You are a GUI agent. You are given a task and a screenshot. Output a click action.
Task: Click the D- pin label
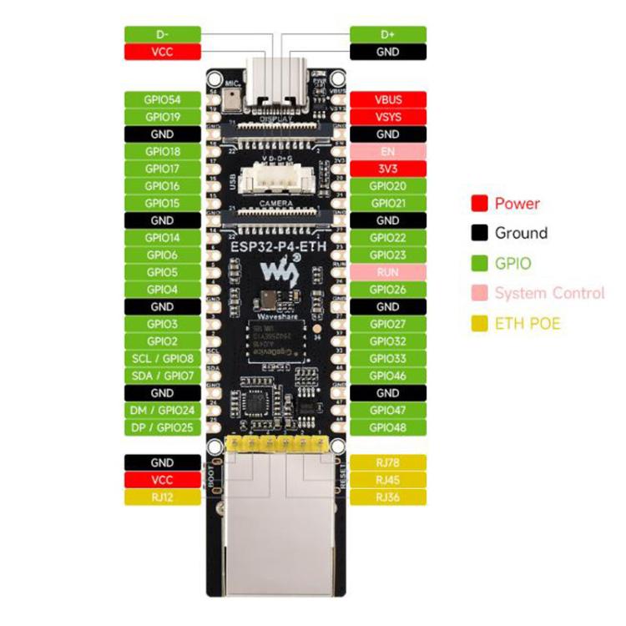162,34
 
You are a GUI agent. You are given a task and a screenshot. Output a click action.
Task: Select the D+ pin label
388,34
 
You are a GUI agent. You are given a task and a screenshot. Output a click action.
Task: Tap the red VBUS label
388,99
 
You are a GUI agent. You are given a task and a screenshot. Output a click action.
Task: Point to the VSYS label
388,117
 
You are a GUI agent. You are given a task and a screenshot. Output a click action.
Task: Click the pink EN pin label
388,152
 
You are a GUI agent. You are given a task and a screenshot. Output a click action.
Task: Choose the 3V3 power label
388,169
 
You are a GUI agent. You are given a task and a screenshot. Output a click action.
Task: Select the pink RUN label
388,272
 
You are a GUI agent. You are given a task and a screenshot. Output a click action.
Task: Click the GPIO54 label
162,99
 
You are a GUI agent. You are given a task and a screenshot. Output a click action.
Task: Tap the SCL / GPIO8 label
162,358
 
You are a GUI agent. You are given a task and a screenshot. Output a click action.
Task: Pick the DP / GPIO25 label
162,427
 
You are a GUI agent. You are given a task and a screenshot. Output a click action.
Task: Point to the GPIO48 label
388,427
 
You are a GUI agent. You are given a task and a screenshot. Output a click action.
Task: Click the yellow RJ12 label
162,497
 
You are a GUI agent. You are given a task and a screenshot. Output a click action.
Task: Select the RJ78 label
388,462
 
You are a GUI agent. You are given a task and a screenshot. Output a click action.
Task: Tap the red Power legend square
479,204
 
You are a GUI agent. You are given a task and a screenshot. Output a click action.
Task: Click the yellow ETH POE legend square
479,323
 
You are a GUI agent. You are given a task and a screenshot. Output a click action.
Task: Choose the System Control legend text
549,293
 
